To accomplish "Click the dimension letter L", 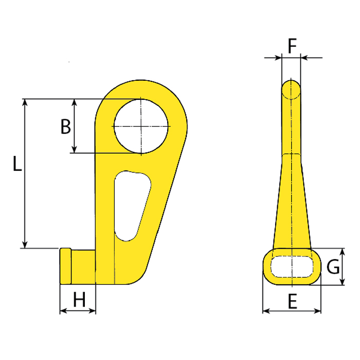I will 17,164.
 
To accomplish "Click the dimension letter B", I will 65,126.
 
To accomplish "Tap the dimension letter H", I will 79,299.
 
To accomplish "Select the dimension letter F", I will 292,46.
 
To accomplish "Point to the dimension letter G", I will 334,267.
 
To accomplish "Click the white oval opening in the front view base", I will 292,266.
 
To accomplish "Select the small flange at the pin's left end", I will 65,265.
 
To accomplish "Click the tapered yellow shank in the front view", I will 292,206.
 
